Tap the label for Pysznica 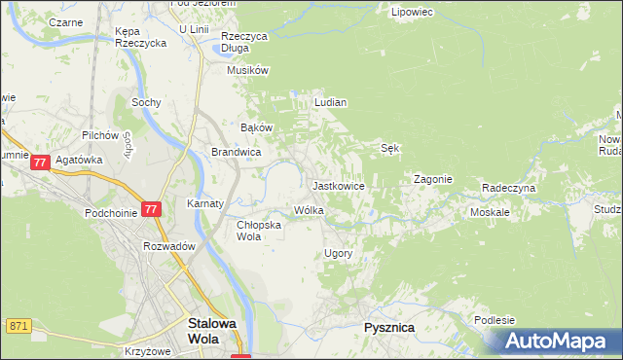point(389,328)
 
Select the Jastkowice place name point(338,185)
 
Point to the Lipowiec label point(411,13)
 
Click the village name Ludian point(331,101)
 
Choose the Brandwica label point(236,152)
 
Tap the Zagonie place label point(433,179)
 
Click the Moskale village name point(490,211)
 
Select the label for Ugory point(337,253)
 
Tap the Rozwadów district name point(169,246)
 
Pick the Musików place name point(247,70)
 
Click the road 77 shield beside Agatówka point(40,163)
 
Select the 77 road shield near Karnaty point(150,209)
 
